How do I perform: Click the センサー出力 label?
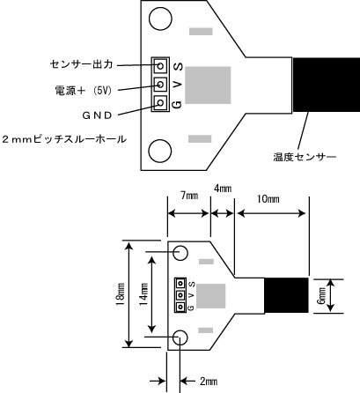click(81, 64)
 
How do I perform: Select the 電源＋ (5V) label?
click(84, 91)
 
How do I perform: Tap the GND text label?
click(97, 115)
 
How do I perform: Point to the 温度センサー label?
click(305, 157)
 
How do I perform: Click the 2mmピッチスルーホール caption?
click(64, 139)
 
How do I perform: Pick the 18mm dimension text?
click(121, 294)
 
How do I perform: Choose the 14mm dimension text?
click(143, 294)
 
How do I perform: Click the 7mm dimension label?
click(189, 196)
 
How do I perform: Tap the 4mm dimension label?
click(223, 189)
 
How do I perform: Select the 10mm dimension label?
click(268, 199)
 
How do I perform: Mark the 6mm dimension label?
click(322, 296)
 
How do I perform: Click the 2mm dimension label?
click(209, 382)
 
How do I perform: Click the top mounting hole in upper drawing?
click(160, 19)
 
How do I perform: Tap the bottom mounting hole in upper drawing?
click(160, 151)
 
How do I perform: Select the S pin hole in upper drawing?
click(160, 65)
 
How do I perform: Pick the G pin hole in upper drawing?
click(160, 102)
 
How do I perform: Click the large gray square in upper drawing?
click(208, 85)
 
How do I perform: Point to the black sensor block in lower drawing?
click(287, 295)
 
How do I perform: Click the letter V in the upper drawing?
click(178, 85)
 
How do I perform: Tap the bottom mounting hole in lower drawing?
click(180, 338)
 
